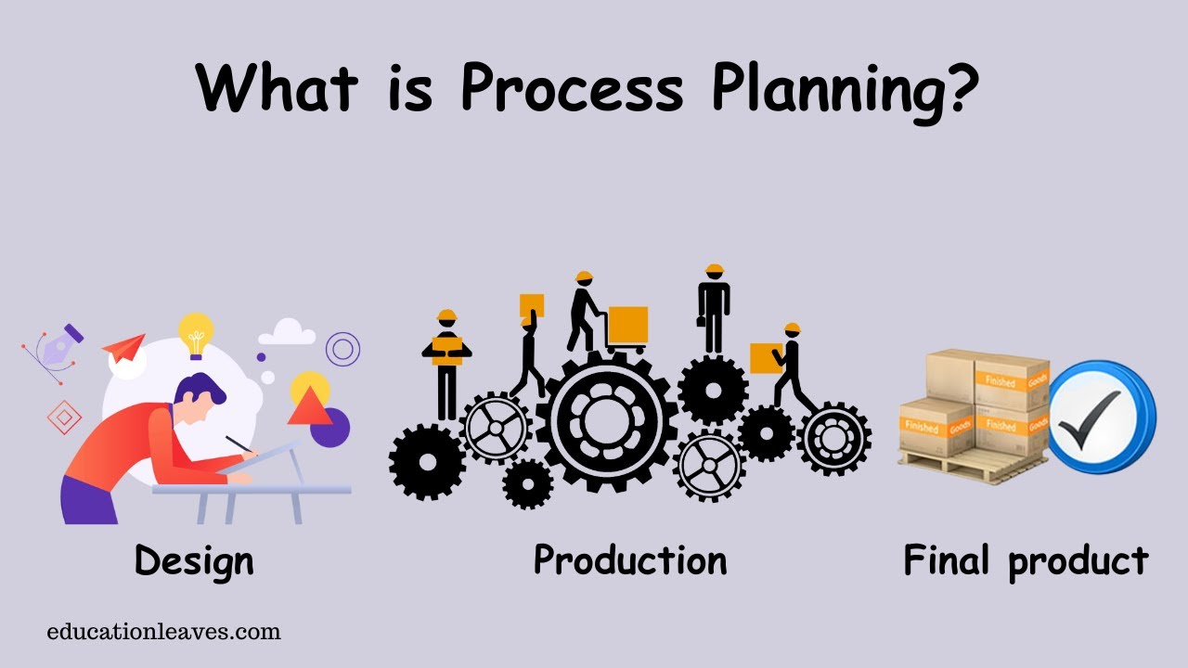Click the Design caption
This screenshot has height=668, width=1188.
pos(193,561)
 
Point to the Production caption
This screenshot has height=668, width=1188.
pos(630,559)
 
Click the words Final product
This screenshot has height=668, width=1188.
pos(1026,560)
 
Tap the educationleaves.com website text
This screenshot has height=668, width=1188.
pos(163,633)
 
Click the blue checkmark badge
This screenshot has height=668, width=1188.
pos(1101,417)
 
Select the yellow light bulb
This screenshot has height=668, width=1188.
pos(196,333)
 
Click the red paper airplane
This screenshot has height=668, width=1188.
pos(124,349)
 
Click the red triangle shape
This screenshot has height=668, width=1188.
pos(308,407)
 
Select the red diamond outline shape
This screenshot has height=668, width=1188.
pos(64,417)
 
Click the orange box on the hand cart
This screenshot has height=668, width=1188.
pos(627,326)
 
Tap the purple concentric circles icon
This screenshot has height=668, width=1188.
pos(342,349)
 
